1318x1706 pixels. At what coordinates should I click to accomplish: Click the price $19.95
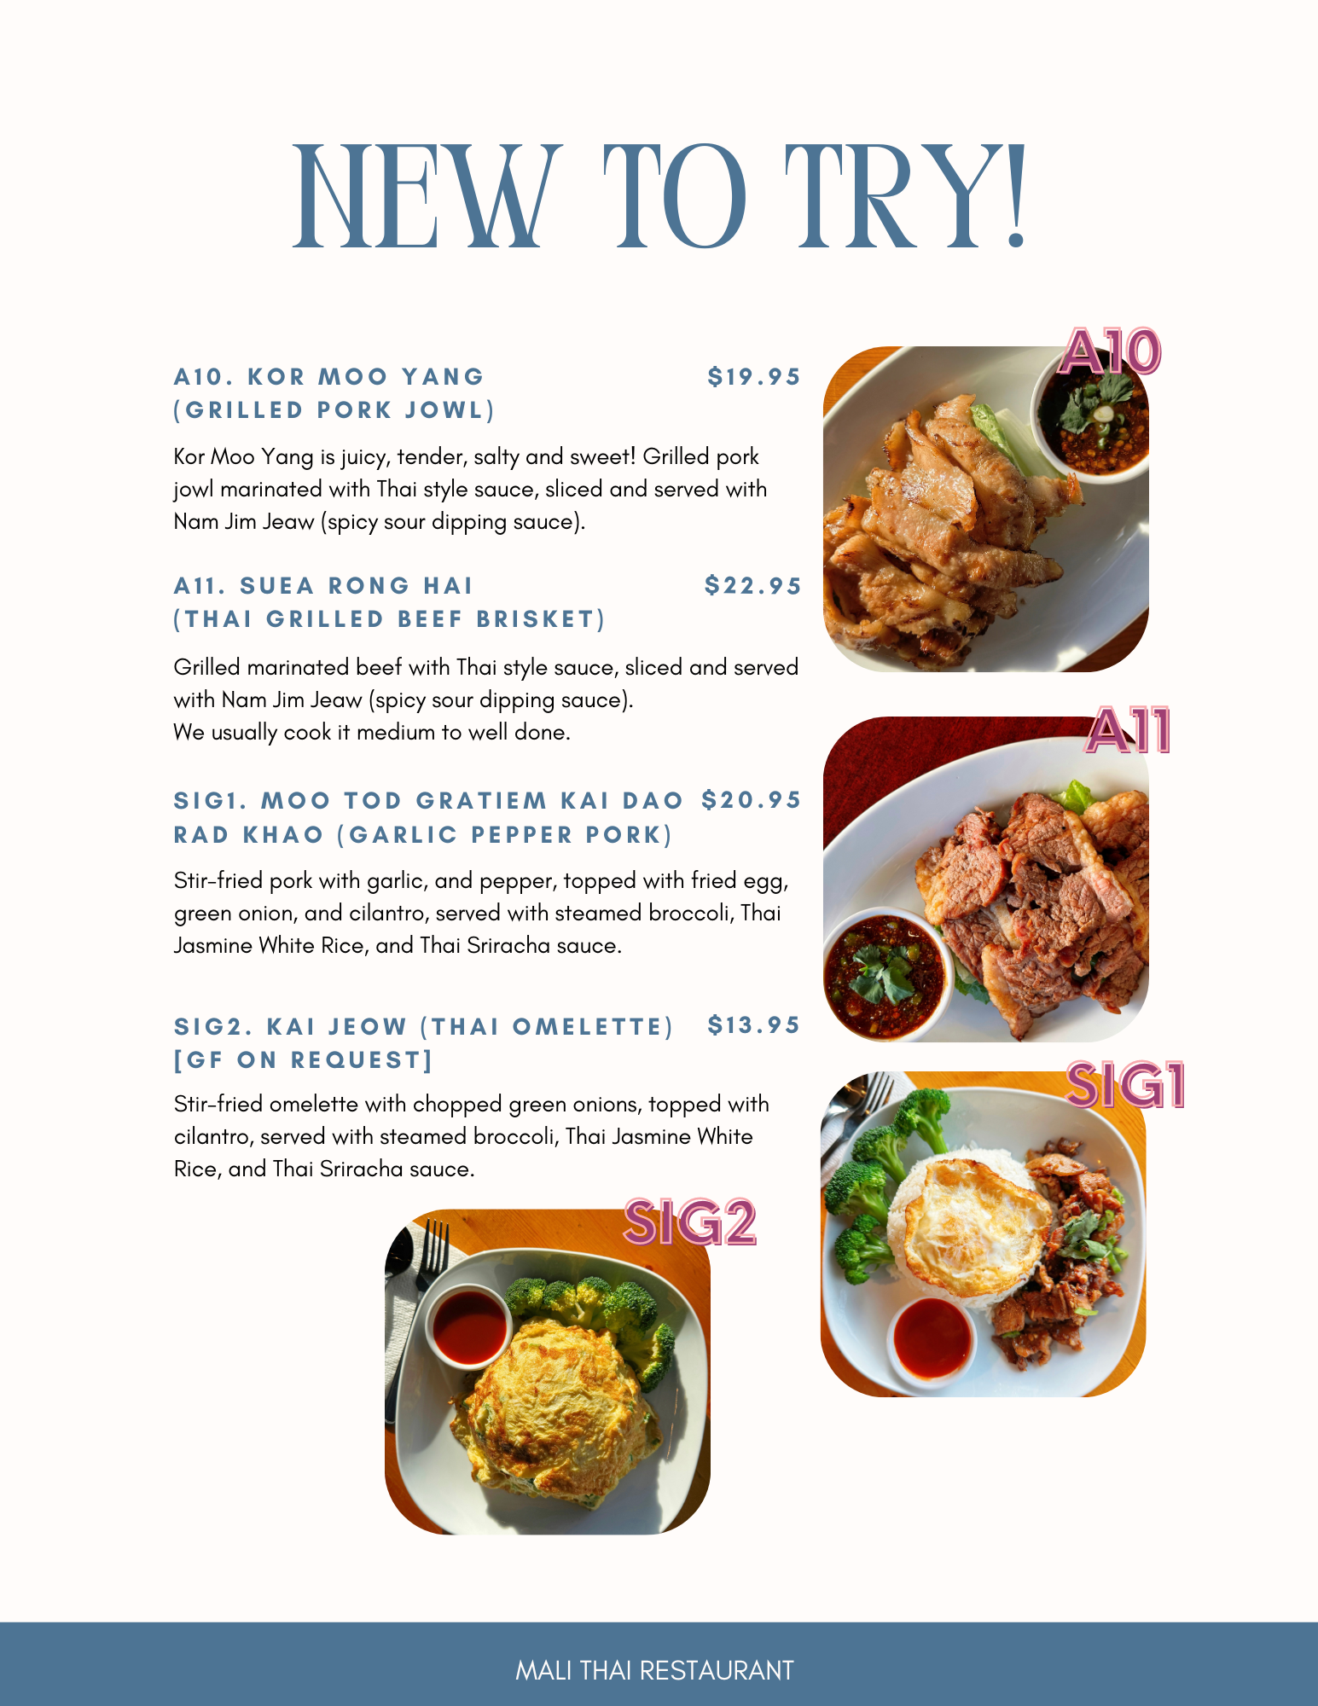point(754,377)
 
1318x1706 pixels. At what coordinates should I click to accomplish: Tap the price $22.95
point(753,586)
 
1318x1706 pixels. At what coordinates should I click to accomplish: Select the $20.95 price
point(752,800)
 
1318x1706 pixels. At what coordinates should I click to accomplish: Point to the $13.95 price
point(754,1025)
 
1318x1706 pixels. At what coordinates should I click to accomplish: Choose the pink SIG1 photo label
point(1126,1085)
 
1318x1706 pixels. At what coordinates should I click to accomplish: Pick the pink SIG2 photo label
point(690,1222)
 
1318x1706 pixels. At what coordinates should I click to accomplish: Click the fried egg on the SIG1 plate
point(973,1221)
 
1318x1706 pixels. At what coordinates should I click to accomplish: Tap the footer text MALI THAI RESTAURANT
point(655,1670)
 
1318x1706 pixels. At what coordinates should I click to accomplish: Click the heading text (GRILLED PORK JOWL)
point(334,410)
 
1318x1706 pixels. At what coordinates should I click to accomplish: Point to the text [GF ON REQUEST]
point(304,1060)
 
